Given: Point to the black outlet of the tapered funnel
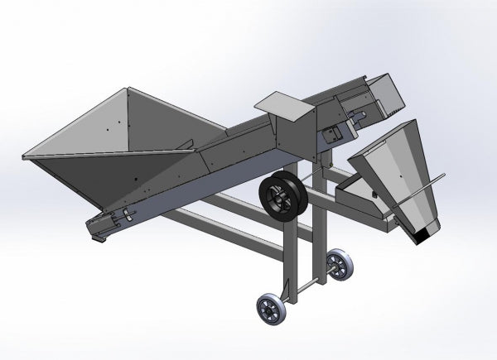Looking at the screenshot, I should pos(422,237).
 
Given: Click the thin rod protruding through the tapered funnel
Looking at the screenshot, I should pos(435,180).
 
